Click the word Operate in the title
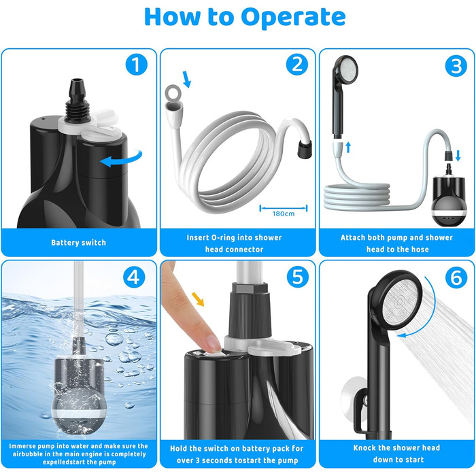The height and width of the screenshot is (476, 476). (x=293, y=17)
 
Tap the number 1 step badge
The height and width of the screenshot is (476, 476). (x=136, y=65)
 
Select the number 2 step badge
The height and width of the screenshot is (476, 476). (x=297, y=65)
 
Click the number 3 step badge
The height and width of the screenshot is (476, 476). (x=456, y=67)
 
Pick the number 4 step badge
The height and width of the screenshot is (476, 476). (x=134, y=277)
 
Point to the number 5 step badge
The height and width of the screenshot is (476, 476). (x=298, y=277)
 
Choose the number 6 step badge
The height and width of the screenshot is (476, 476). (x=456, y=277)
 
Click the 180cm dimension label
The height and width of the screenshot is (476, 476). (x=284, y=214)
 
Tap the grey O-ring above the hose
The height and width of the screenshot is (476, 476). (x=173, y=92)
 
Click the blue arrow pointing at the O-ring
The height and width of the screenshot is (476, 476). (x=187, y=80)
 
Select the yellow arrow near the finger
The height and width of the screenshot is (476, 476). (x=198, y=299)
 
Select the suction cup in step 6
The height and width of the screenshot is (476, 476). (x=352, y=400)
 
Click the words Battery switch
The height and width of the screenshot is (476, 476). (x=79, y=243)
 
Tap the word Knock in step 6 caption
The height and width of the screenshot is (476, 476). (x=364, y=447)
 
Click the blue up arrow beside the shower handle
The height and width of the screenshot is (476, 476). (x=348, y=148)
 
